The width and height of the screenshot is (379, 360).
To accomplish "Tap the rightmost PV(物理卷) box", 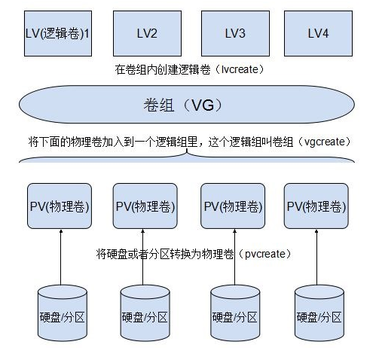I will pos(316,206).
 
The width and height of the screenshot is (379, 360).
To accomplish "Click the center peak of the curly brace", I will pos(186,154).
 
